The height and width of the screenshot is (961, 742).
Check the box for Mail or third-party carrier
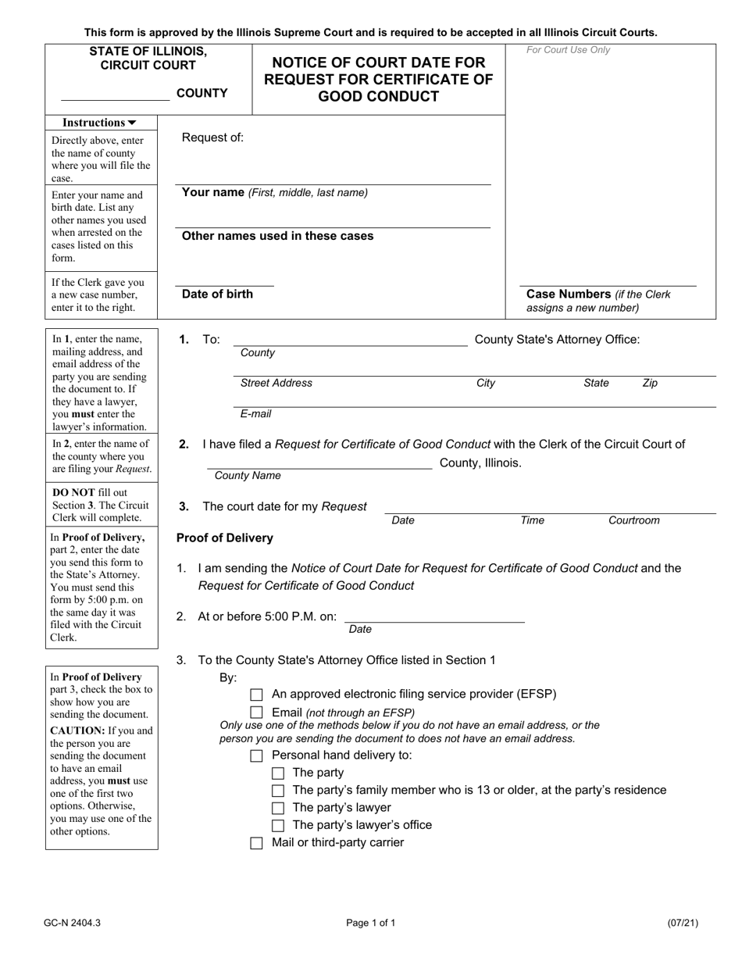click(256, 843)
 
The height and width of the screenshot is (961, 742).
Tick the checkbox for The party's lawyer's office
click(277, 826)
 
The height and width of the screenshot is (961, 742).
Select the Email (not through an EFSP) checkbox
click(256, 713)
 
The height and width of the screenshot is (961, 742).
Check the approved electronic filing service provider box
click(256, 695)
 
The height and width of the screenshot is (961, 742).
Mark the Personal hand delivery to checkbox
click(256, 756)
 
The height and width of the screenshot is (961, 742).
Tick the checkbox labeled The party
click(277, 773)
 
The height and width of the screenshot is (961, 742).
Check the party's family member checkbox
click(277, 791)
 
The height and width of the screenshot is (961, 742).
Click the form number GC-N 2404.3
click(73, 923)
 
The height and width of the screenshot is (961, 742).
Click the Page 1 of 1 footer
click(371, 923)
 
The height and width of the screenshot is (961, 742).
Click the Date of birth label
click(217, 295)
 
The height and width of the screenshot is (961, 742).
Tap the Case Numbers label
click(568, 295)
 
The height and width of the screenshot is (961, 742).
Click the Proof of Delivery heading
click(225, 538)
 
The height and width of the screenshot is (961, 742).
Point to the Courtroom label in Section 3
click(633, 520)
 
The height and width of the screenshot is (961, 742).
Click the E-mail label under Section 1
click(256, 414)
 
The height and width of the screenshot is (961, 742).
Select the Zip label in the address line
click(650, 383)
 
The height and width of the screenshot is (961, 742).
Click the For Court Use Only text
click(569, 51)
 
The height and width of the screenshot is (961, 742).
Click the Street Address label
click(276, 383)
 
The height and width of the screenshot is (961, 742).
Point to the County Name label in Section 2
click(248, 476)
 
